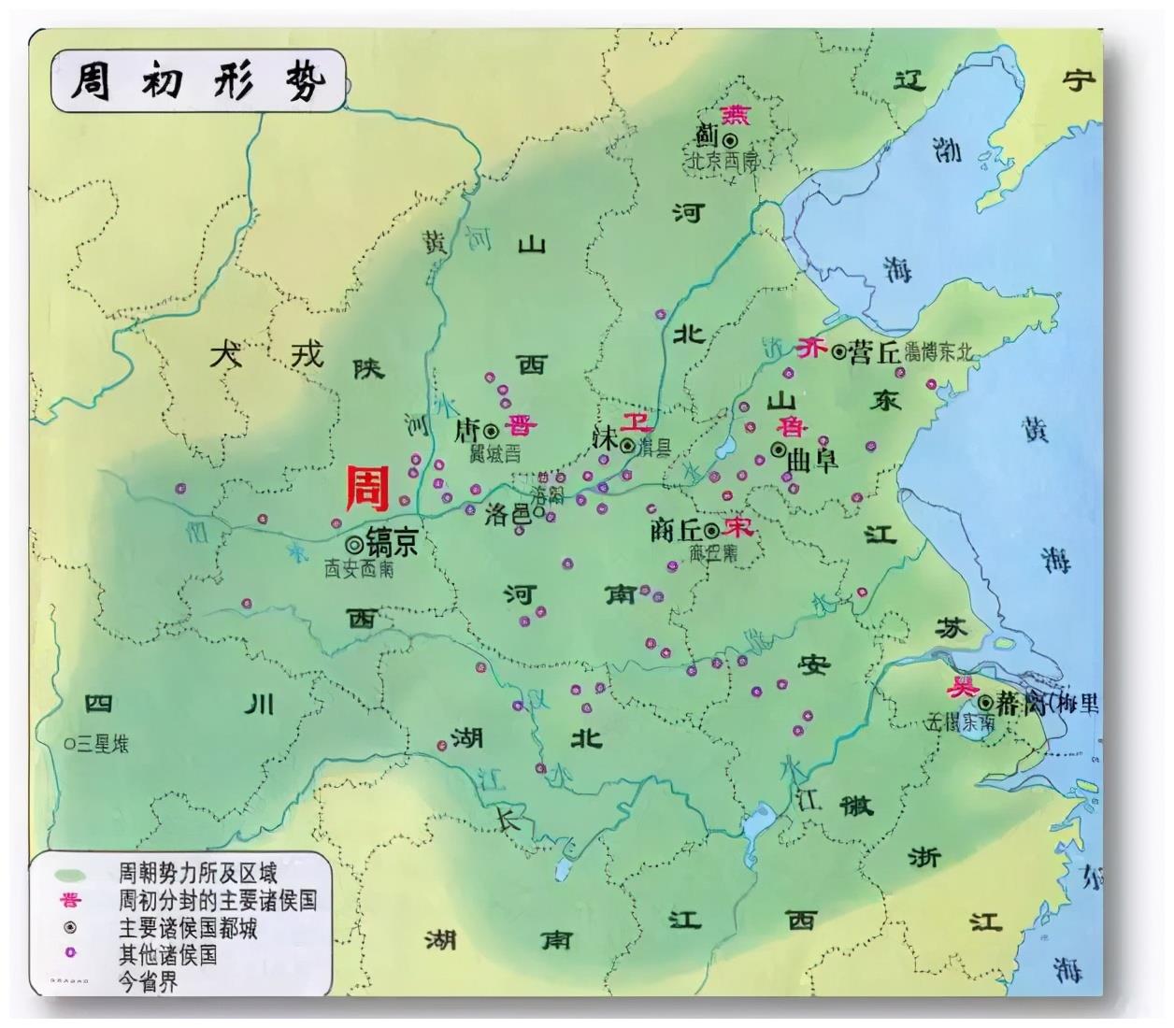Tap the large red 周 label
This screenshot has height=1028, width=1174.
coord(367,489)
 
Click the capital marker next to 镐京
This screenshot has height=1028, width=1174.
coord(354,544)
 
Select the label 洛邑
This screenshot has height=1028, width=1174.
coord(506,514)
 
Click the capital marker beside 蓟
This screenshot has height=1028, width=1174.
coord(729,139)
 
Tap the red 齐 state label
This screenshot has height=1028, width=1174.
coord(810,349)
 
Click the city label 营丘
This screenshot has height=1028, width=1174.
coord(875,351)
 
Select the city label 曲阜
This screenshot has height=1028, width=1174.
coord(812,460)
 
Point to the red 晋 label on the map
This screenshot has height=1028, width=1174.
coord(520,426)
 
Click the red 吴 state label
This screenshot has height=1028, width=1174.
coord(958,687)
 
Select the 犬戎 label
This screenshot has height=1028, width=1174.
coord(265,355)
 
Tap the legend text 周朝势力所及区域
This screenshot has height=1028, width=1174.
coord(197,875)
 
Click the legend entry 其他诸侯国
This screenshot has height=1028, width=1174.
coord(167,954)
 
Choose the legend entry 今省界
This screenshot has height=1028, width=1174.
coord(148,981)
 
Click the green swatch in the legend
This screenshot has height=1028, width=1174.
coord(70,877)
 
